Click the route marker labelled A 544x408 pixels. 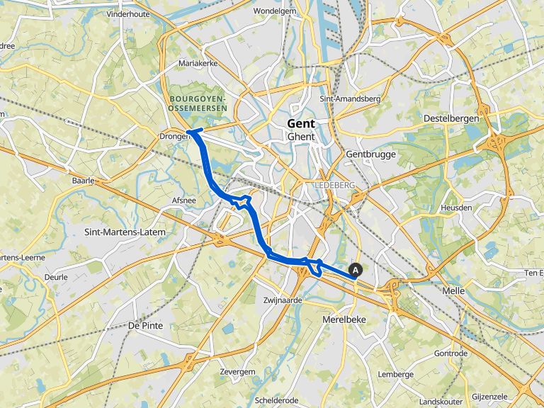point(356,269)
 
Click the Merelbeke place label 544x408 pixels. point(344,319)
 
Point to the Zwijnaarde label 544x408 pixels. point(283,300)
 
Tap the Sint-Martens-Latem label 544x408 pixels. point(125,232)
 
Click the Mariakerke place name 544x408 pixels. point(198,63)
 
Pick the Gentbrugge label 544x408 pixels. point(370,154)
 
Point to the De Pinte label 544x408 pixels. point(147,325)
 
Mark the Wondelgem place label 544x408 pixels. point(273,11)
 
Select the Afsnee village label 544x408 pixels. point(183,200)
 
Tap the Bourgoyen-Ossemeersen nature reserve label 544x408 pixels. point(198,103)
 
